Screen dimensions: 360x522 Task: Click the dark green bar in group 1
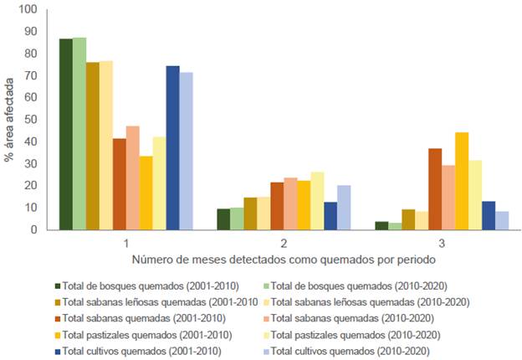(65, 134)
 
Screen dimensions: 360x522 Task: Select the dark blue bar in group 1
(172, 147)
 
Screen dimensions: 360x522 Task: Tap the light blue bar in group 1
(186, 151)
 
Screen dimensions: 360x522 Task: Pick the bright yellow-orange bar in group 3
(462, 181)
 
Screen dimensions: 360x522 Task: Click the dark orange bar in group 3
(435, 188)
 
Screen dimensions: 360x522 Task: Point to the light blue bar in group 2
(344, 207)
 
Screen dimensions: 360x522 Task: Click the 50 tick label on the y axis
(31, 120)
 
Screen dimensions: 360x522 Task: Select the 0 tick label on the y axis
(34, 229)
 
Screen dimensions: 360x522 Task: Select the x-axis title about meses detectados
(283, 260)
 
